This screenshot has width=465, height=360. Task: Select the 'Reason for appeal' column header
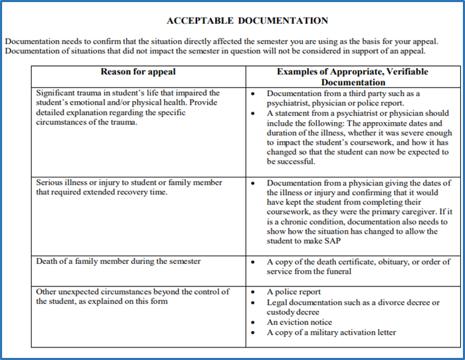tap(138, 72)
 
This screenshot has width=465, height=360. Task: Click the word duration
tap(285, 132)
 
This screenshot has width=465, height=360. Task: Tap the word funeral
tap(336, 271)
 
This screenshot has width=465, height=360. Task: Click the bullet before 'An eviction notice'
tap(254, 322)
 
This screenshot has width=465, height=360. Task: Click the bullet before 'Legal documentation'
tap(254, 302)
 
